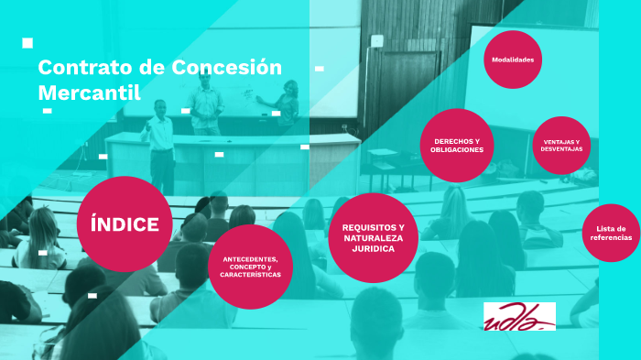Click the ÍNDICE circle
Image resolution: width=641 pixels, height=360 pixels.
tap(125, 224)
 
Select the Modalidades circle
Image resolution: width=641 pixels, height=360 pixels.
tap(513, 60)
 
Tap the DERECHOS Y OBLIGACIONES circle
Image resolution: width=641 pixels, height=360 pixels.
tap(457, 146)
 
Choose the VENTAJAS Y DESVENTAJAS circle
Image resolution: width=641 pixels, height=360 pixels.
tap(561, 146)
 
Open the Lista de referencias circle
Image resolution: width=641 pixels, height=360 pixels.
tap(609, 233)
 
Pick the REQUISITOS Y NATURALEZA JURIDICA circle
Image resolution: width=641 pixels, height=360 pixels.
tap(373, 237)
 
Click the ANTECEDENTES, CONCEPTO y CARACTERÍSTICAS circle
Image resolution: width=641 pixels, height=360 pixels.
tap(250, 267)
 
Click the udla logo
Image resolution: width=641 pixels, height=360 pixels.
tap(519, 316)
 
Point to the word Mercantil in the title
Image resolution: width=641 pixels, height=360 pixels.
tap(89, 93)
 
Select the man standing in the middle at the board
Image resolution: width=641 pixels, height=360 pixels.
tap(207, 101)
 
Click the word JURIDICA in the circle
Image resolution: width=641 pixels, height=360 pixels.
tap(373, 248)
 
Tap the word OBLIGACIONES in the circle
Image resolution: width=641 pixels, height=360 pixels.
tap(457, 149)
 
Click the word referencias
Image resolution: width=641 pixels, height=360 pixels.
tap(610, 237)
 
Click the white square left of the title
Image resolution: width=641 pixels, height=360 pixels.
tap(27, 43)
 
